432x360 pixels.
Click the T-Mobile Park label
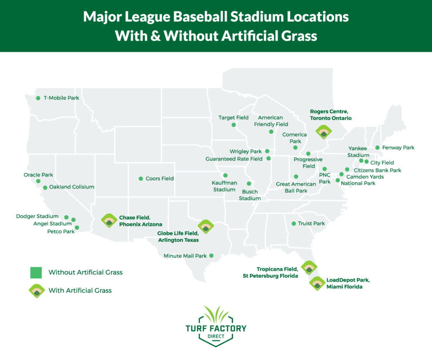tap(61, 98)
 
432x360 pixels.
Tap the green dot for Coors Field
tap(141, 178)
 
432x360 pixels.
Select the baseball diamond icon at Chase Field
tap(109, 220)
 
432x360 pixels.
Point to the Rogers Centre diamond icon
tap(324, 132)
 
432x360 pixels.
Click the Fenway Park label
tap(398, 148)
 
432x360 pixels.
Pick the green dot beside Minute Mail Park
tap(211, 255)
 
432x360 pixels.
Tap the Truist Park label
tap(311, 223)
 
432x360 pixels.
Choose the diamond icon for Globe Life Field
tap(206, 226)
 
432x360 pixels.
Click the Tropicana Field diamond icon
tap(309, 268)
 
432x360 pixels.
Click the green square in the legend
tap(36, 272)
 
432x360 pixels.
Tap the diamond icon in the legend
tap(37, 291)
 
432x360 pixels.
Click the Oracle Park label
tap(39, 175)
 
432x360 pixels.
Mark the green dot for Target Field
tap(234, 125)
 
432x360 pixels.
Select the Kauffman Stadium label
tap(224, 186)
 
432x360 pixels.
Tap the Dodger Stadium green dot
tap(66, 217)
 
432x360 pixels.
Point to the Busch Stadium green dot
tap(249, 184)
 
